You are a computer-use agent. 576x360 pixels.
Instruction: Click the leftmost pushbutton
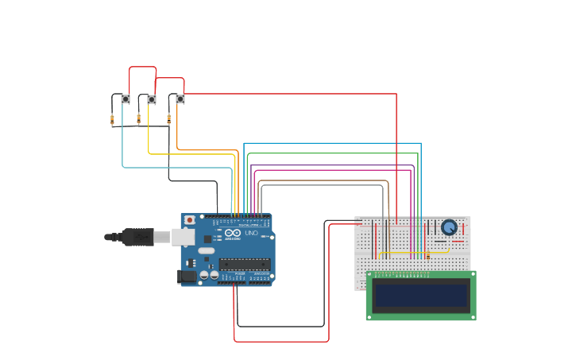[126, 99]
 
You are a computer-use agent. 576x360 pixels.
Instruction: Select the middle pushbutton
[152, 99]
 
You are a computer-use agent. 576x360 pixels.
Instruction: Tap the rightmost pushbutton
[180, 99]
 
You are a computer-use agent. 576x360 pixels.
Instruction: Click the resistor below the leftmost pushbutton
[112, 120]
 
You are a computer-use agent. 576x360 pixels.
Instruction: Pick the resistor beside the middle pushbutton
[139, 119]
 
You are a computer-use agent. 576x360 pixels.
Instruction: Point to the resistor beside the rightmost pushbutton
[168, 119]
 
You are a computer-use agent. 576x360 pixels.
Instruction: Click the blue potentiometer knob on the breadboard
[449, 227]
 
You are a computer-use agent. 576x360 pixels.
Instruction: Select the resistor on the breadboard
[427, 254]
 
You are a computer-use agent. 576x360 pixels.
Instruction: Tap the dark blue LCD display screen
[421, 295]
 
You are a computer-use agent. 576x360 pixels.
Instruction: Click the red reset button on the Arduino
[189, 220]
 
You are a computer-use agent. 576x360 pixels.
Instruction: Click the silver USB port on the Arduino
[184, 237]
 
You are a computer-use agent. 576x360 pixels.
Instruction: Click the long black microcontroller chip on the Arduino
[244, 264]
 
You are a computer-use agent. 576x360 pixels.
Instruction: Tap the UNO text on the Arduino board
[252, 233]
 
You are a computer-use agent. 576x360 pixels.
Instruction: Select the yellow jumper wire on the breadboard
[413, 253]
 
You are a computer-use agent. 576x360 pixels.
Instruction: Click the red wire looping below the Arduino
[281, 342]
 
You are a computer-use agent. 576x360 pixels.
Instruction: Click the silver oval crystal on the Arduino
[207, 250]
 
